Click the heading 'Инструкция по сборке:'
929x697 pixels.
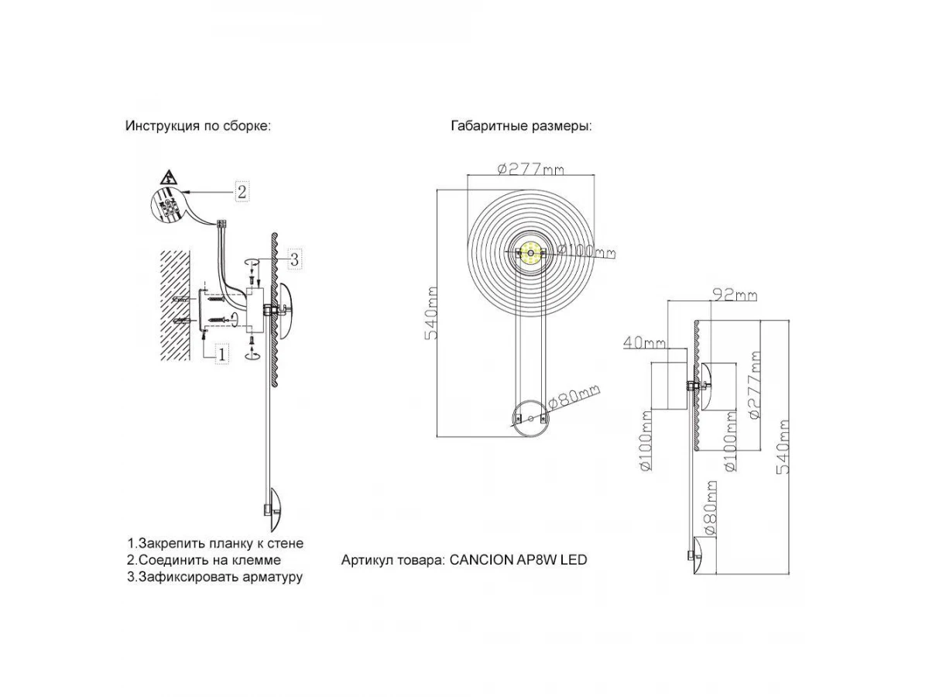198,126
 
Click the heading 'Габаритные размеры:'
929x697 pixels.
521,126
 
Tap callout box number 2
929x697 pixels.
242,191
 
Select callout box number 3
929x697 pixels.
294,259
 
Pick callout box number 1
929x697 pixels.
221,353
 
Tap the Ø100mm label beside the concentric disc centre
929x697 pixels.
585,251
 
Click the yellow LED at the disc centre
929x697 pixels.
531,252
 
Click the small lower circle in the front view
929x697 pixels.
530,418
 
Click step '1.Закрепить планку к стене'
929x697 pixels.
215,544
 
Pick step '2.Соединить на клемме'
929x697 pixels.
204,560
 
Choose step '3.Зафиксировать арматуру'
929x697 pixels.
214,576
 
